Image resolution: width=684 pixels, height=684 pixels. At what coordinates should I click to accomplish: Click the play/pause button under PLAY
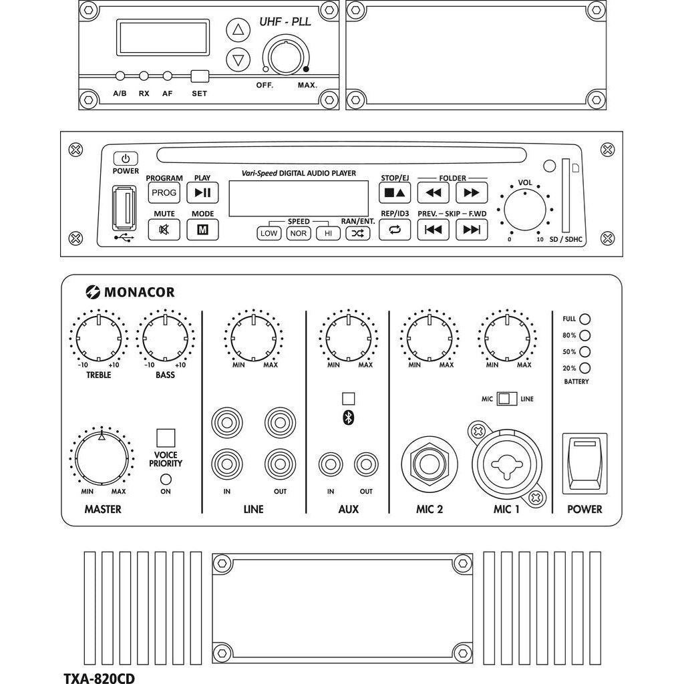pos(202,193)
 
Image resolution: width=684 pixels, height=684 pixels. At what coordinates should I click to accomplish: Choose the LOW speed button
pos(269,233)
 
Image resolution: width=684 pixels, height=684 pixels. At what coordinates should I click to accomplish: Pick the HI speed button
pos(327,233)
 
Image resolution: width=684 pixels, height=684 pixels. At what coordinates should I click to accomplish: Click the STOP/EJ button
pos(394,193)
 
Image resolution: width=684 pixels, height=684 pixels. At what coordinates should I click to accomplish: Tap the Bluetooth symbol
pos(348,417)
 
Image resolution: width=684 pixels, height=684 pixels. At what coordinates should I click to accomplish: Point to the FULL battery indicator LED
pos(585,319)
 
